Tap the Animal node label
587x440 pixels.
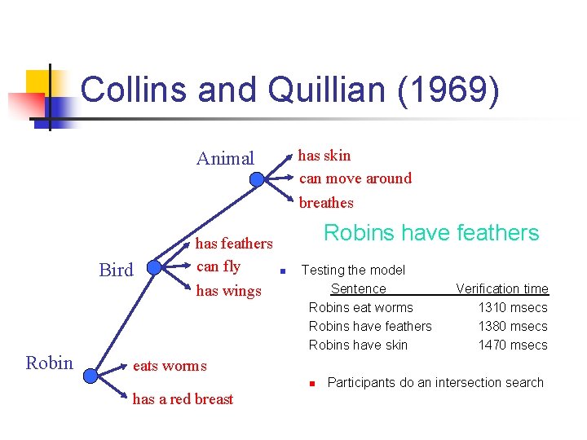225,158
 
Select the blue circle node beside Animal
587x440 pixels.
258,179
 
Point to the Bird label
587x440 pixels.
116,271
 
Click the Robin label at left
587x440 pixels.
49,363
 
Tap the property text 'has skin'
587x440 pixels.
324,155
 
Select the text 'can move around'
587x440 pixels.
355,178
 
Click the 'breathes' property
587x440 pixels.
326,203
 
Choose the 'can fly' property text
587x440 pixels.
218,266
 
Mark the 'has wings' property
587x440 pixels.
228,291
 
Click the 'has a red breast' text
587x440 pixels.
183,399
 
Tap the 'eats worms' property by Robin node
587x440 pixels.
170,366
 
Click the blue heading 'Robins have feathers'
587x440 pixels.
431,233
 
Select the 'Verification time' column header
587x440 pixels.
502,288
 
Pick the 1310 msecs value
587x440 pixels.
513,307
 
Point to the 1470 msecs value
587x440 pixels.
513,345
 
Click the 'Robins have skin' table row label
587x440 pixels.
358,345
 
